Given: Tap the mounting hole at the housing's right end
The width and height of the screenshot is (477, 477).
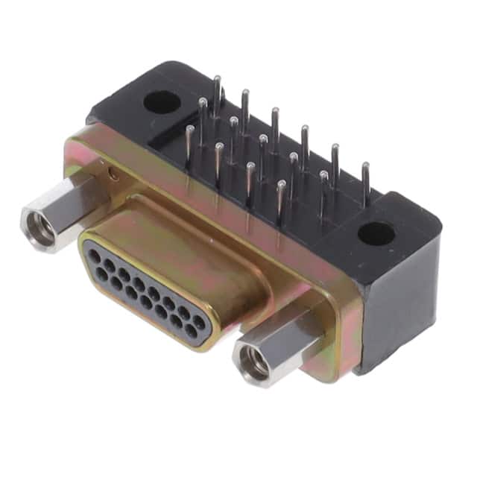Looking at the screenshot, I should point(376,233).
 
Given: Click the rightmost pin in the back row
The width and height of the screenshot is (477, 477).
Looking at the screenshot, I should point(365,183).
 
